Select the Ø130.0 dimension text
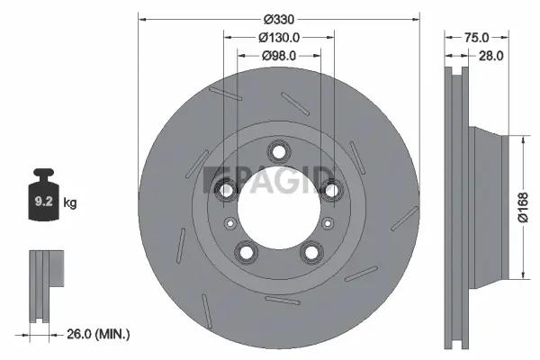point(278,37)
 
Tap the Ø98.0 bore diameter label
point(278,55)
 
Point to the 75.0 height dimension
point(476,37)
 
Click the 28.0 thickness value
point(490,56)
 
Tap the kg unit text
point(70,203)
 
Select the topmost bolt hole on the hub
point(278,150)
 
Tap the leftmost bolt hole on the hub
point(227,188)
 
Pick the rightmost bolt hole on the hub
point(330,188)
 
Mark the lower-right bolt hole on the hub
point(310,251)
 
